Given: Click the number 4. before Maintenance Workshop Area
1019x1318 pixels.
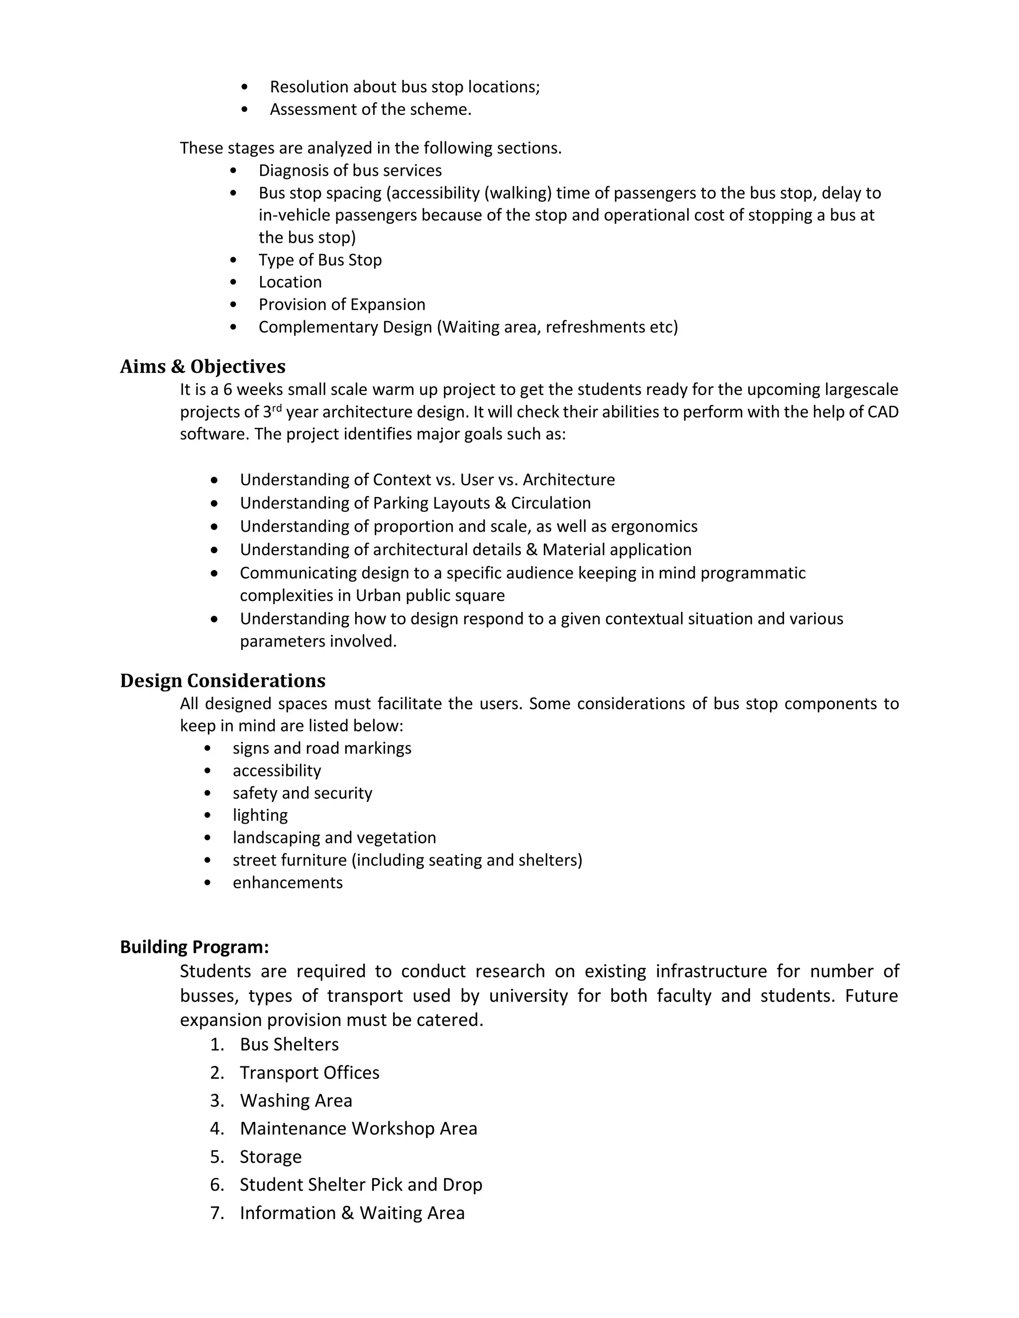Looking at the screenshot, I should coord(217,1129).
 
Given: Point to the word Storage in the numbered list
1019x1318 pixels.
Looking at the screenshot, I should coord(271,1156).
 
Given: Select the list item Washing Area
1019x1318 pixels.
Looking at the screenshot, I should coord(296,1100).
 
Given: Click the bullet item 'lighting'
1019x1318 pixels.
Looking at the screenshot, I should coord(260,815).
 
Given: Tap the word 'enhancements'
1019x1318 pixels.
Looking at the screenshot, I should coord(288,882).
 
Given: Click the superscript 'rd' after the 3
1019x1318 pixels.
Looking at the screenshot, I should coord(277,408).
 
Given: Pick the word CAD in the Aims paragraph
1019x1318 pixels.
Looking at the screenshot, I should coord(883,412).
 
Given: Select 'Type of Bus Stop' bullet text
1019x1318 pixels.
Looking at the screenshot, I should coord(320,260).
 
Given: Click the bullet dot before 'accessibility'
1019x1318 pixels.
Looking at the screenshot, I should coord(207,770).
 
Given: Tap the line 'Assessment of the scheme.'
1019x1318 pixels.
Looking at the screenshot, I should coord(370,109).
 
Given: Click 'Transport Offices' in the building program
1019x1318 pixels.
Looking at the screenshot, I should coord(309,1072).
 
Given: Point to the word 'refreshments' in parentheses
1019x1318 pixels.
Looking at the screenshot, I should coord(589,327).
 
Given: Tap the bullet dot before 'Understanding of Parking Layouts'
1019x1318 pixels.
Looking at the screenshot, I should coord(214,503).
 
